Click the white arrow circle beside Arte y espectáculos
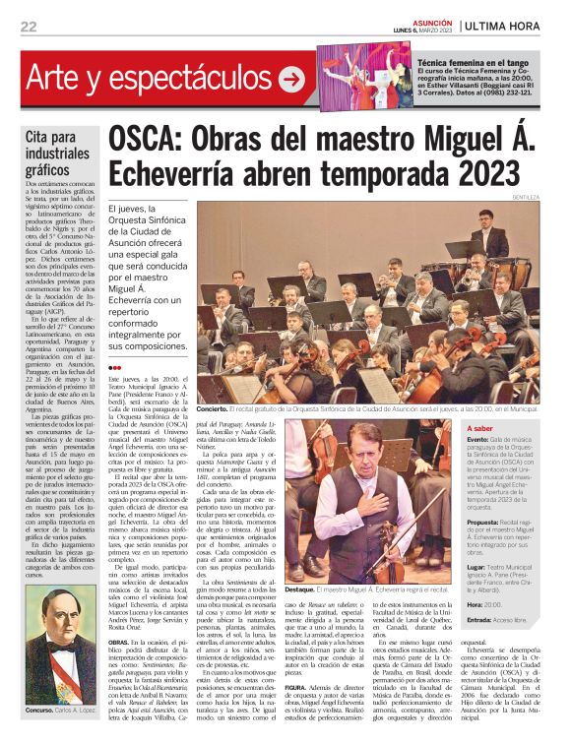click(x=291, y=79)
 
